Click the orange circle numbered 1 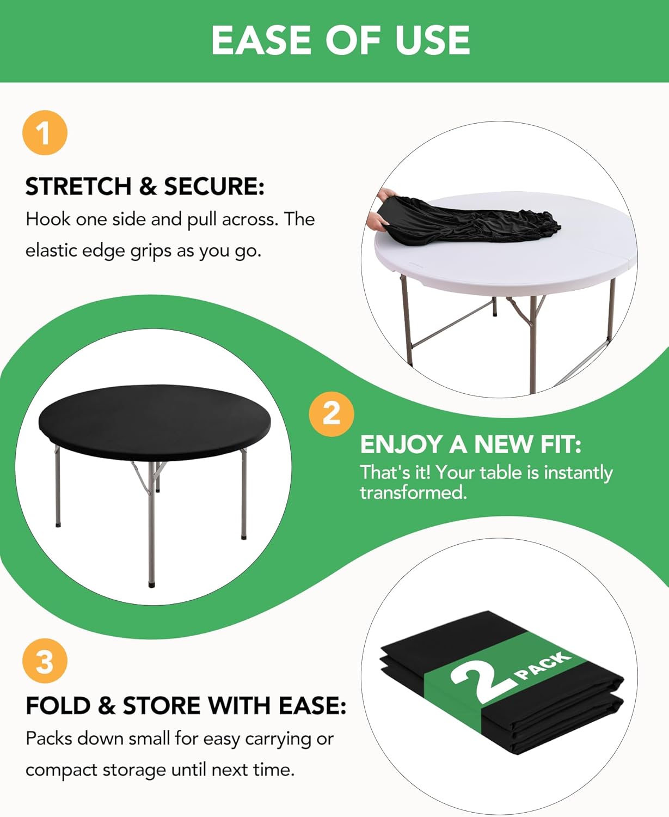click(x=45, y=133)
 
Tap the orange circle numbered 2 click(x=331, y=413)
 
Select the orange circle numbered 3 click(x=45, y=661)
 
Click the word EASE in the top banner click(x=262, y=40)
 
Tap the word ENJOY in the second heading click(x=401, y=444)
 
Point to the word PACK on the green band click(x=543, y=666)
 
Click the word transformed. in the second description click(x=413, y=492)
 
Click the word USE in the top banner click(x=432, y=40)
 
